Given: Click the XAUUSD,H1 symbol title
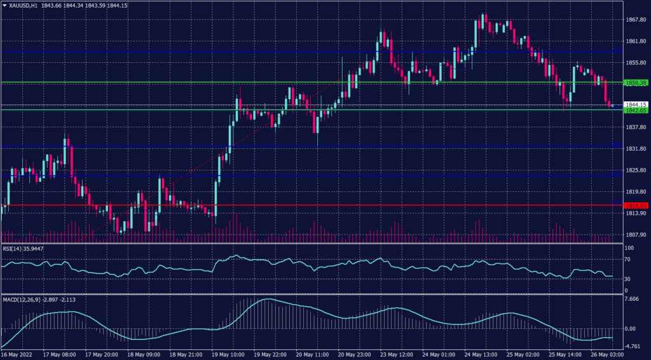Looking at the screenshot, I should coord(24,5).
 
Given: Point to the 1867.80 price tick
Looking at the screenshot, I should coord(636,20).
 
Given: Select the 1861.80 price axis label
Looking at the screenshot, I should coord(636,41).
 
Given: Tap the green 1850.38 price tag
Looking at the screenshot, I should coord(636,83).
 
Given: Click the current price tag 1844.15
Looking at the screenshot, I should coord(636,104).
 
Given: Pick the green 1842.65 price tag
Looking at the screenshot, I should coord(636,110).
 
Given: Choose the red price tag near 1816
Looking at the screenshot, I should coord(636,205).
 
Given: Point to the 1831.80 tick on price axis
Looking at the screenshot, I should coord(636,149).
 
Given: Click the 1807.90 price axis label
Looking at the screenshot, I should coord(636,235).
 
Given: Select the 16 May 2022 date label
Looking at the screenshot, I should coord(17,354).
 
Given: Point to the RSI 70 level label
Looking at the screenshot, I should coord(627,260).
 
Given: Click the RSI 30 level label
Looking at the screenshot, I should coord(627,279).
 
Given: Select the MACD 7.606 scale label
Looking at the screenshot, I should coord(632,299).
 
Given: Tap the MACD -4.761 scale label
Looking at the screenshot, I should coord(633,347).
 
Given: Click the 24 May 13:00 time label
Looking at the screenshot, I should coord(480,354).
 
